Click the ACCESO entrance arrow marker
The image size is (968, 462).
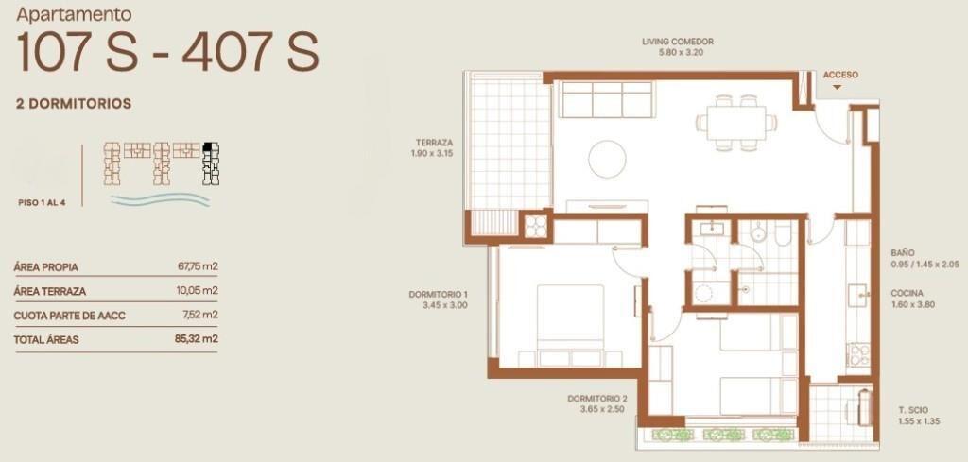click(837, 88)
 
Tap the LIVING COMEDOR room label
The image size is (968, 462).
click(677, 42)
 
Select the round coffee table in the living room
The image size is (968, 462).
click(608, 159)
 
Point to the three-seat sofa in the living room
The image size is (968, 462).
click(606, 99)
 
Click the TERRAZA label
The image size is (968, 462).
click(434, 142)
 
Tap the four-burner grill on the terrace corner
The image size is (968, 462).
click(535, 225)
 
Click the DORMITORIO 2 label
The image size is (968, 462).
click(597, 399)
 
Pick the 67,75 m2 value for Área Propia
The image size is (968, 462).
click(197, 267)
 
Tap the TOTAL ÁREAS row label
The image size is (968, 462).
click(46, 340)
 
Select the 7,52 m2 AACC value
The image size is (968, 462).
click(200, 315)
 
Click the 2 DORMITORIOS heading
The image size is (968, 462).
click(74, 104)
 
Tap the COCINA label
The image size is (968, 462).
click(907, 294)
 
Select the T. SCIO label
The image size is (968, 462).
click(913, 410)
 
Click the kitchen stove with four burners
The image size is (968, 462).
click(859, 354)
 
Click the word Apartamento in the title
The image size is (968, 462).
click(74, 14)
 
